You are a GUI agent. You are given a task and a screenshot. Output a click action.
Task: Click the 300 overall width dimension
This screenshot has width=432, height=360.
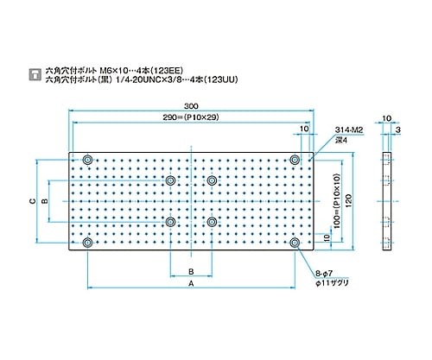191,106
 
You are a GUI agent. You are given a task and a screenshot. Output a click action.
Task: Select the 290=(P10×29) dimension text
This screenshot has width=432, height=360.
191,117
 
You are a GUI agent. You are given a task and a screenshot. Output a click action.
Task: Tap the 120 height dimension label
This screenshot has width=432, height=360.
348,201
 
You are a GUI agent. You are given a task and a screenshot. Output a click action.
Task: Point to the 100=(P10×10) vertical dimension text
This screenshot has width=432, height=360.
337,201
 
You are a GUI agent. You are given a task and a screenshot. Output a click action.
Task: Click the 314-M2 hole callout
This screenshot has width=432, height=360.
349,130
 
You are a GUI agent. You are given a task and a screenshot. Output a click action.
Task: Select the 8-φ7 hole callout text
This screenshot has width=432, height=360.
324,274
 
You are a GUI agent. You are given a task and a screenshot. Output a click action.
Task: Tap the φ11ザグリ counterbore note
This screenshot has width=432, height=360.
332,283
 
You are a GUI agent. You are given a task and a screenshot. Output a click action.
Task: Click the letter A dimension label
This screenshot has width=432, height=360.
191,284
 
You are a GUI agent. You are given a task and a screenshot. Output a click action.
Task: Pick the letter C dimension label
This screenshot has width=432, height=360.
33,201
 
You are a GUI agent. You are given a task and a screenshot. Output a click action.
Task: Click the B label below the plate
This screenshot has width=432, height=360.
191,272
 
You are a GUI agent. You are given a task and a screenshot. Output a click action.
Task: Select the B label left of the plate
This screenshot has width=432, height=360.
45,201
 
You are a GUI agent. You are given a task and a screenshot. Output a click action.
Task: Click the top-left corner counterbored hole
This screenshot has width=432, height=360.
87,160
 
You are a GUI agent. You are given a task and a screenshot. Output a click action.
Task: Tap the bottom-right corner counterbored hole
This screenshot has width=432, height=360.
295,243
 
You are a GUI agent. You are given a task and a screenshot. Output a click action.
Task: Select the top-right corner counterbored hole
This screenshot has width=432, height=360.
295,160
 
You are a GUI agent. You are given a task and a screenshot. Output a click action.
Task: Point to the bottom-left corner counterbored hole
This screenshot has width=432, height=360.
87,243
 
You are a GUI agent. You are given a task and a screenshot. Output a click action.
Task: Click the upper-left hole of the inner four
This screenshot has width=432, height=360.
170,180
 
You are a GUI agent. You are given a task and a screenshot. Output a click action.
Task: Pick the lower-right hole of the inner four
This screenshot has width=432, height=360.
212,222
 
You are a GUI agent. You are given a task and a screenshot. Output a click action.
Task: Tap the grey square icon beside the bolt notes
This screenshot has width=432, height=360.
35,74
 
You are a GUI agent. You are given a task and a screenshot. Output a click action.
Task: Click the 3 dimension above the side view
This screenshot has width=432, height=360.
398,130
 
